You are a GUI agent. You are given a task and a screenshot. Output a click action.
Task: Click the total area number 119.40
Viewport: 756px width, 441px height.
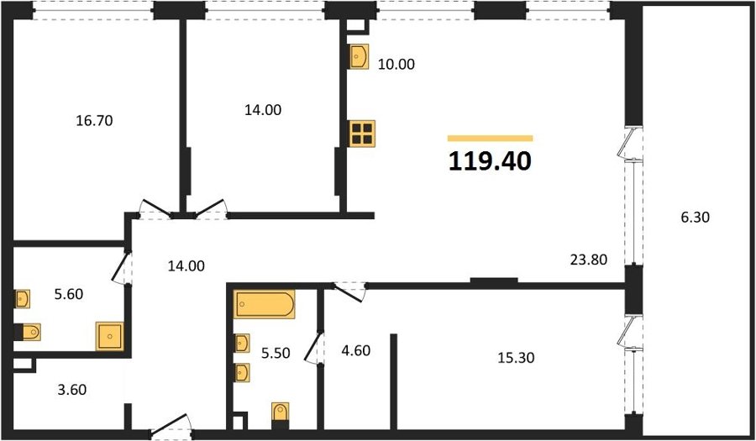pos(490,161)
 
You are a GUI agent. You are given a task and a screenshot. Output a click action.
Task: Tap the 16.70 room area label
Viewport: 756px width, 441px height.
pos(94,120)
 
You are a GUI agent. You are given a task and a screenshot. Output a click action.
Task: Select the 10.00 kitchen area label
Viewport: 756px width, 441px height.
pos(396,64)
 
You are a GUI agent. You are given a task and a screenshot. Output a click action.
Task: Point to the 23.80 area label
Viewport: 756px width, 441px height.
pos(589,260)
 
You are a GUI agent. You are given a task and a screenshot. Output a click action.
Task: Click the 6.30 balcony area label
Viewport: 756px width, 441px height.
pos(696,218)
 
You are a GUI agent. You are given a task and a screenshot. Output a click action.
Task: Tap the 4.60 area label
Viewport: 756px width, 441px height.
pos(356,350)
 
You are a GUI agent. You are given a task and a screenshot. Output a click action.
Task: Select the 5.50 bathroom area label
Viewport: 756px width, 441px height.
pos(276,354)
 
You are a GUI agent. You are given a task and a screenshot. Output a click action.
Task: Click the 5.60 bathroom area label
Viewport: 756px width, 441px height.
pos(69,294)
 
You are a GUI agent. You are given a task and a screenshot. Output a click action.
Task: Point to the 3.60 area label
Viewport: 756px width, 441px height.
pos(72,389)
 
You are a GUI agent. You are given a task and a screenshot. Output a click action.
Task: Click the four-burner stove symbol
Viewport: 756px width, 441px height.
pos(362,134)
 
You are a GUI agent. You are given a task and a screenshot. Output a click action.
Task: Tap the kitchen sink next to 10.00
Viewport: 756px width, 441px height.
pos(359,56)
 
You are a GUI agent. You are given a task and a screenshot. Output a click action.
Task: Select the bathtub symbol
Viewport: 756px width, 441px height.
pos(265,304)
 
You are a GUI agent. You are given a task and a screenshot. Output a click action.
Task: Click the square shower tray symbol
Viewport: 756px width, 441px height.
pos(110,336)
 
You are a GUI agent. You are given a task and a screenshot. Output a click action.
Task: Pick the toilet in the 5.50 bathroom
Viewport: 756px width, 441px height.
pos(280,412)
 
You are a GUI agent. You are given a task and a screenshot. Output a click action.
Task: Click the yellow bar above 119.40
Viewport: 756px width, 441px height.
pos(491,139)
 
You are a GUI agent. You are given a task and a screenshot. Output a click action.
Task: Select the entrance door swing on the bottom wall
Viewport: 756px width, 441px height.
pos(171,424)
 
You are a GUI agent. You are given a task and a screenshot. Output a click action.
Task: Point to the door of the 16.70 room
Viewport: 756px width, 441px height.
pos(155,208)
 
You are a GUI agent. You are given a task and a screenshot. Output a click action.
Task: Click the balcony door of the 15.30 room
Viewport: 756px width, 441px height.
pos(630,332)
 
